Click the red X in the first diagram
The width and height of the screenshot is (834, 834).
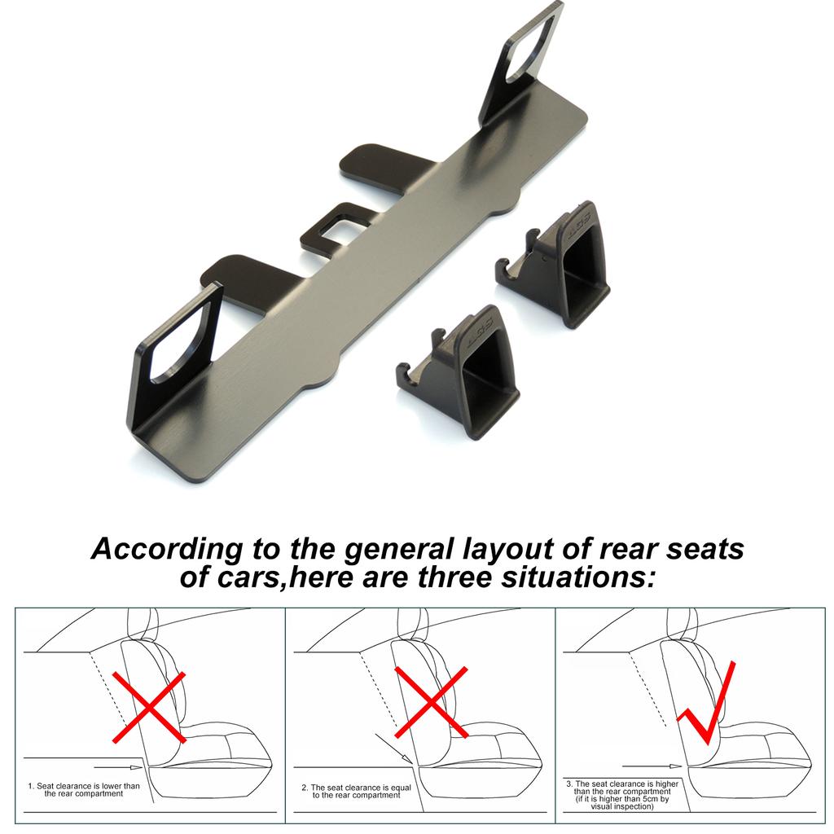click(149, 706)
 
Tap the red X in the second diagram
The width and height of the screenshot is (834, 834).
click(431, 702)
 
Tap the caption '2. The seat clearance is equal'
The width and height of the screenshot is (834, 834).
click(357, 788)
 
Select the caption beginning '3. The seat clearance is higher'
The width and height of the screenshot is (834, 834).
click(621, 784)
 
